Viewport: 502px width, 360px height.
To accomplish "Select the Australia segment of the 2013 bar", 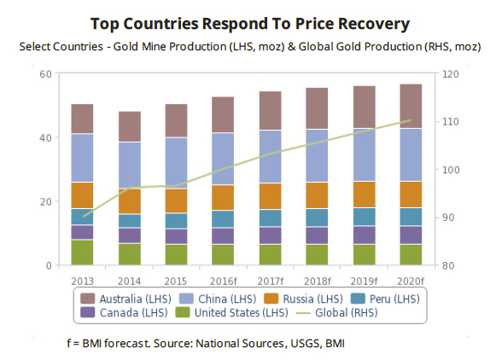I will (x=82, y=119).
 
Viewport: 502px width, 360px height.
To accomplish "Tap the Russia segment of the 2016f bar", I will (x=223, y=197).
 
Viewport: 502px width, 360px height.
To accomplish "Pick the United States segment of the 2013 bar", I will (x=82, y=253).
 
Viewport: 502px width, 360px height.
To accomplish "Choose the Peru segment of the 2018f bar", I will (x=316, y=218).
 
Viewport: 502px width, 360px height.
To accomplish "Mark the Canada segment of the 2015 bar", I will (x=176, y=236).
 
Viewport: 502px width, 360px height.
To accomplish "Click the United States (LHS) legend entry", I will (x=235, y=313).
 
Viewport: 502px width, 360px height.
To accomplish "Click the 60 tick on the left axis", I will (x=44, y=74).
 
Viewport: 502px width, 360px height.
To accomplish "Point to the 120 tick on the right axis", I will (x=449, y=74).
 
